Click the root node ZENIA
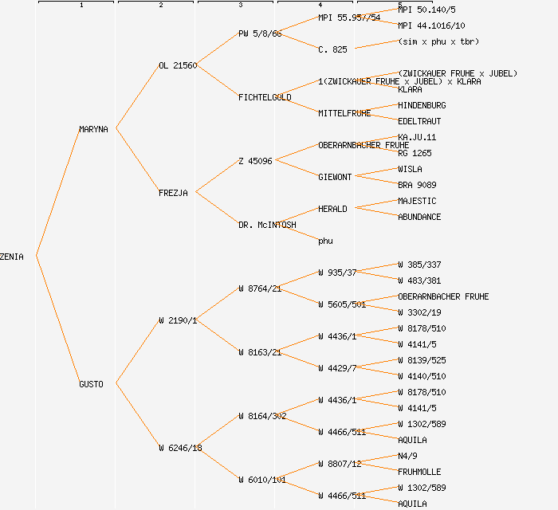12,257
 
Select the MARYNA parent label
93,129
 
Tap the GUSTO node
91,384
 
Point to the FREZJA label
173,193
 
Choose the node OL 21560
178,65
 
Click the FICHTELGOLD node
265,97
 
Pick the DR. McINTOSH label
267,225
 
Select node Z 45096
255,161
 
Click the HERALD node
332,209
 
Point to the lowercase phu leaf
325,241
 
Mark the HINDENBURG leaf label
422,105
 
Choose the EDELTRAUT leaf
419,121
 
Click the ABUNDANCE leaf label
419,217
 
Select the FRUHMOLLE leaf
419,472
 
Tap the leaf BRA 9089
417,185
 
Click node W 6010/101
261,480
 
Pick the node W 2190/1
178,320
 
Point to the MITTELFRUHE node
344,113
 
